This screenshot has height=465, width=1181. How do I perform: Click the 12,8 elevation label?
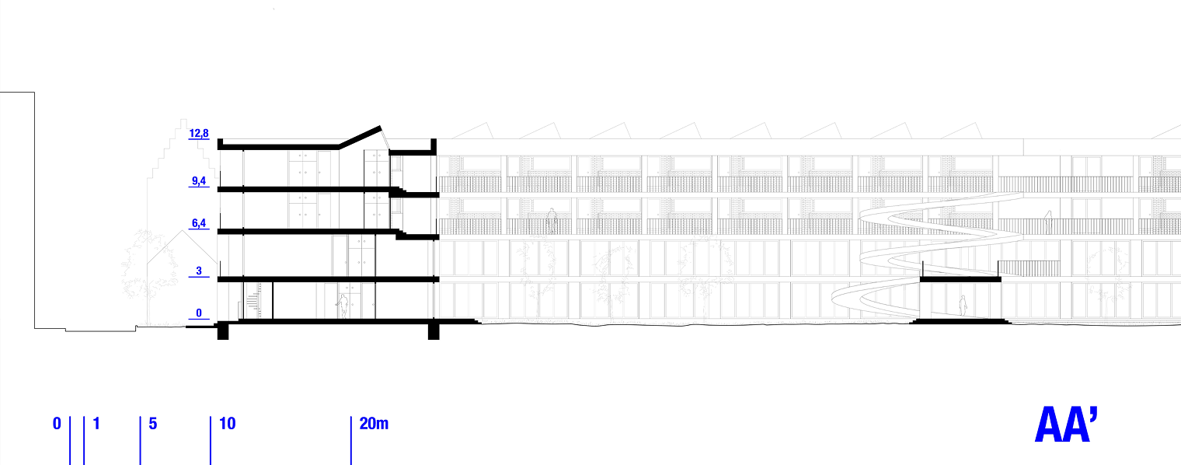point(200,134)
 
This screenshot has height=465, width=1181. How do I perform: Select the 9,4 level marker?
point(200,182)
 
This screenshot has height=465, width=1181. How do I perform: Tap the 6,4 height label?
point(200,224)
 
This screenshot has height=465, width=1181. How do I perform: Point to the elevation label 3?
point(200,271)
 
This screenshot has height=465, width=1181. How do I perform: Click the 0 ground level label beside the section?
point(199,313)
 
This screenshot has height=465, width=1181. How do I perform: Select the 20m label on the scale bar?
point(374,424)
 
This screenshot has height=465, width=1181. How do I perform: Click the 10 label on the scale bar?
point(228,424)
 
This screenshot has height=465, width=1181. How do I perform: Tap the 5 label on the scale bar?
point(153,424)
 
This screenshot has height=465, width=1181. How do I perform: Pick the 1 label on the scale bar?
point(96,424)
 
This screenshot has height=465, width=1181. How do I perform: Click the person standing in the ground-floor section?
point(343,306)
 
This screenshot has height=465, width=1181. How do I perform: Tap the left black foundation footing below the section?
point(223,331)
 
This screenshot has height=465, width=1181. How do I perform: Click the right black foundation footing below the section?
point(434,331)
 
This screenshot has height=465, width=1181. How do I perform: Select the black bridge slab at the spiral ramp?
point(960,279)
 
